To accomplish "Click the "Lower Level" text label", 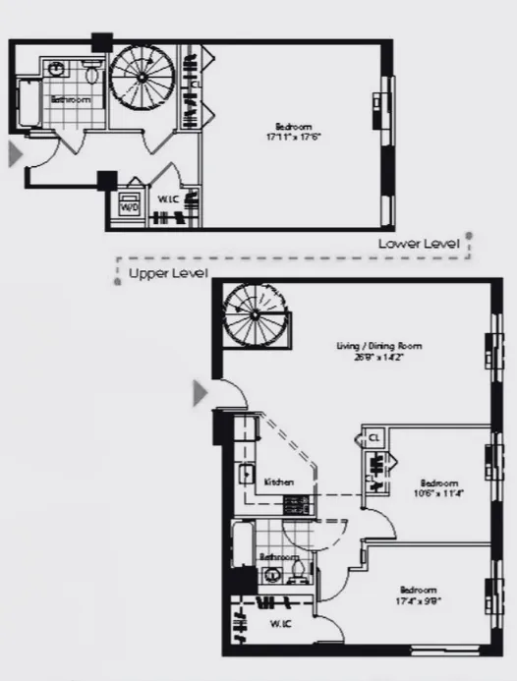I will tap(419, 243).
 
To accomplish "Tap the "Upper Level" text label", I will tap(162, 275).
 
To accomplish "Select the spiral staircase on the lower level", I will tap(142, 80).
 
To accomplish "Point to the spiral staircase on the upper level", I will tap(254, 314).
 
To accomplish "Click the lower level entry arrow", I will tap(15, 154).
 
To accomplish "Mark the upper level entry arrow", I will tap(200, 393).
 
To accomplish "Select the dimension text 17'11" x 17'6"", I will tap(294, 136).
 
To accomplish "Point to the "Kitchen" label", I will tap(279, 482).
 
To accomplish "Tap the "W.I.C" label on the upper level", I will tap(281, 625).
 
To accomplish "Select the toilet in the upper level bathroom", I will tap(301, 573).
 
